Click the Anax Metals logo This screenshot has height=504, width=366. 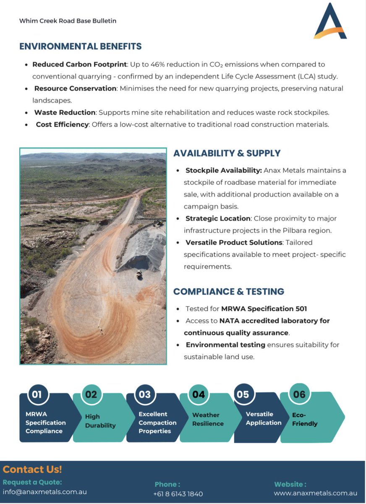pos(330,21)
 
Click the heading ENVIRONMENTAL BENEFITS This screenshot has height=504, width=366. pos(81,47)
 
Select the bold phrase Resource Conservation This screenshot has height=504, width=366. pos(75,89)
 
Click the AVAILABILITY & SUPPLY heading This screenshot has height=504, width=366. pos(227,154)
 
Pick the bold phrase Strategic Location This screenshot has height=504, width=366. pos(218,219)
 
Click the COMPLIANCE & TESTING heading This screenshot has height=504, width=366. pos(229,291)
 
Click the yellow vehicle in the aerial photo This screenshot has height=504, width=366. pos(139,274)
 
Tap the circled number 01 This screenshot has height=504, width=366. pos(37,394)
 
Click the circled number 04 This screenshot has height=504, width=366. pos(199,394)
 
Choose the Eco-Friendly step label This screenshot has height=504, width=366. pos(305,419)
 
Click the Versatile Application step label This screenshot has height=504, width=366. pos(264,418)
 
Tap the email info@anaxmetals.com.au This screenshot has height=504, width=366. pos(45,492)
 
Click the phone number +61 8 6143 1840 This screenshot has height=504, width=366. pos(178,494)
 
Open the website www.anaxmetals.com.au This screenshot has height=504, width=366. pos(316,493)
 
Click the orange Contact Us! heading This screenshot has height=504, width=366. pos(32,470)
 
